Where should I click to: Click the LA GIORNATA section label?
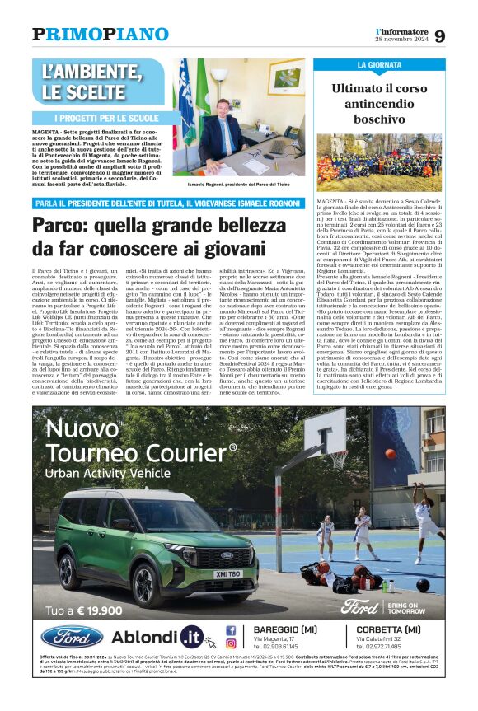click(380, 64)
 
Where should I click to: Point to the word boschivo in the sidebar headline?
click(379, 119)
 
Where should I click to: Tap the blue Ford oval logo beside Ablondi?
click(72, 637)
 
